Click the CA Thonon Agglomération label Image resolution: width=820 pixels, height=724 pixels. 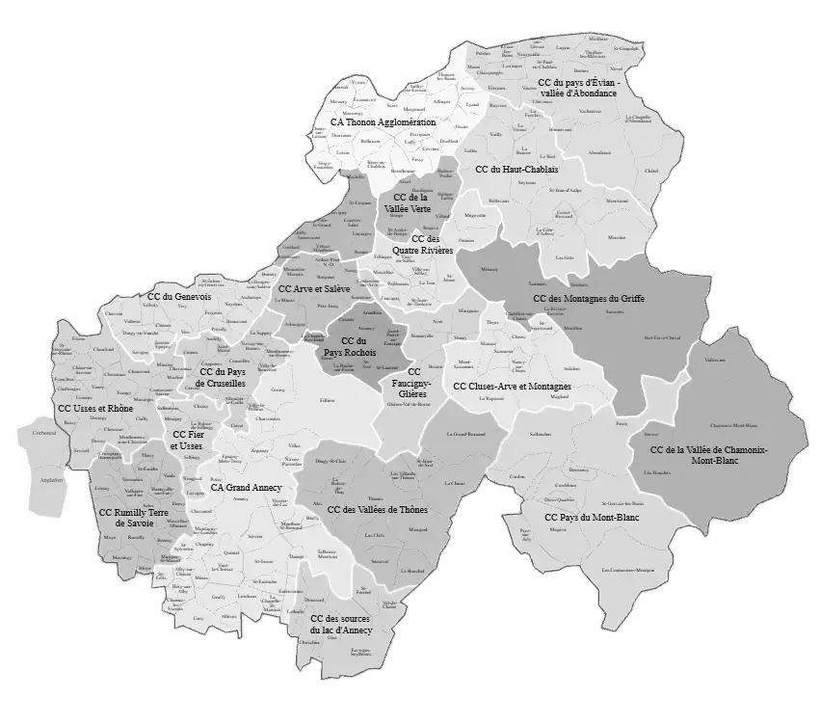(383, 123)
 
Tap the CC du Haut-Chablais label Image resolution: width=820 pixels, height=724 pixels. (516, 170)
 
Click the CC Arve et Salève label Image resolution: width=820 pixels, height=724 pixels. (314, 288)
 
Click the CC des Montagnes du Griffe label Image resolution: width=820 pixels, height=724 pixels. (589, 299)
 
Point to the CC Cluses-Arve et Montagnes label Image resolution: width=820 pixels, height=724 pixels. (512, 387)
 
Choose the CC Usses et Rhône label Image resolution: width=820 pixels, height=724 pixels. (95, 409)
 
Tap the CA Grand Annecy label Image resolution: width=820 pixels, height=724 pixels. (246, 488)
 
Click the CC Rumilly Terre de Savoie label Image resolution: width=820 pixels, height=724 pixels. (133, 518)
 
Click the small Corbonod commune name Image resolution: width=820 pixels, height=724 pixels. (44, 433)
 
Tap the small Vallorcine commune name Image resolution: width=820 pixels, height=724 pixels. (715, 360)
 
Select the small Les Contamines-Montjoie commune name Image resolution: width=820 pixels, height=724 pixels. (627, 571)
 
